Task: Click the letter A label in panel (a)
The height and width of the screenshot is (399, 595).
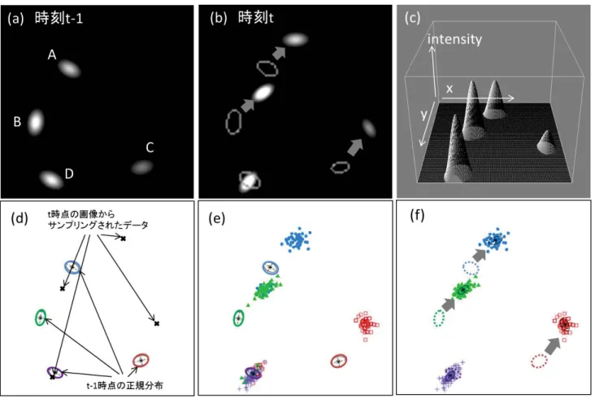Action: pos(52,55)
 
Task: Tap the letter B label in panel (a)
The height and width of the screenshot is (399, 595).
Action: pos(17,121)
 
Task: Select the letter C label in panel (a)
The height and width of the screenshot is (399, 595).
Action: pos(150,147)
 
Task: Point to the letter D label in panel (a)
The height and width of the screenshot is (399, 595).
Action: pos(69,173)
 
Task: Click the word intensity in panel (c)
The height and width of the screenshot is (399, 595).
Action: pos(454,39)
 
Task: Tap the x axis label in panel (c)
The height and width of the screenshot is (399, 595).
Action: pos(450,89)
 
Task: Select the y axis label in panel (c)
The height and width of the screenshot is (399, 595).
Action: pos(424,114)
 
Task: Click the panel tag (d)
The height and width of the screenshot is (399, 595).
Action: pos(20,218)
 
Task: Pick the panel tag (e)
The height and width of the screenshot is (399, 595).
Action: pos(217,218)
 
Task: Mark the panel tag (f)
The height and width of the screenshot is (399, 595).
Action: pos(417,215)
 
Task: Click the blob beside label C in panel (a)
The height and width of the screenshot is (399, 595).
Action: pos(142,167)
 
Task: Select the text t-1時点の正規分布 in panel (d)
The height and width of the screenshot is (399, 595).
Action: pos(125,386)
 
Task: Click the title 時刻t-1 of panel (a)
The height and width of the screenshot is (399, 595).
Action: pos(59,18)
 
